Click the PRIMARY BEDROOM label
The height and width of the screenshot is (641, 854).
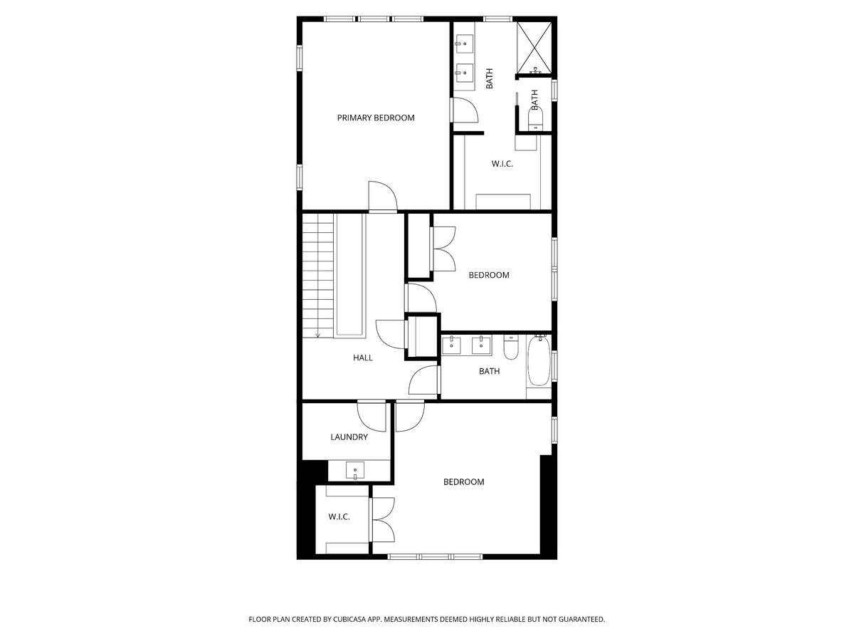pos(376,118)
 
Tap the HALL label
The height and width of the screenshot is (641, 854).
pos(363,358)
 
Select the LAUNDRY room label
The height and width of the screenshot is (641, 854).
pos(349,437)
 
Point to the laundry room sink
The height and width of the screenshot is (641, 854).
pos(355,470)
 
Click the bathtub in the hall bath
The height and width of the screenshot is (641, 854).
pos(539,361)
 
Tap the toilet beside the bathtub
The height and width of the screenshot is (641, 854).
pos(510,347)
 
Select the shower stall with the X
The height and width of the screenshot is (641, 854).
pos(534,48)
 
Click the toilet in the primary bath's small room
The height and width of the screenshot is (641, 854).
pos(536,118)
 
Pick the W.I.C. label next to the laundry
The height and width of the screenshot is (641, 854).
pos(339,517)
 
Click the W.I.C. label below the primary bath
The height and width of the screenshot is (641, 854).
pos(502,164)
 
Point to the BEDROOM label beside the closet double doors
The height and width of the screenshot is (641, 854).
pos(489,275)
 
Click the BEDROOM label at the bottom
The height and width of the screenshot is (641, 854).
pos(464,482)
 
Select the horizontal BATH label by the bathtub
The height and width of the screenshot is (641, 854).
pos(489,371)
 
